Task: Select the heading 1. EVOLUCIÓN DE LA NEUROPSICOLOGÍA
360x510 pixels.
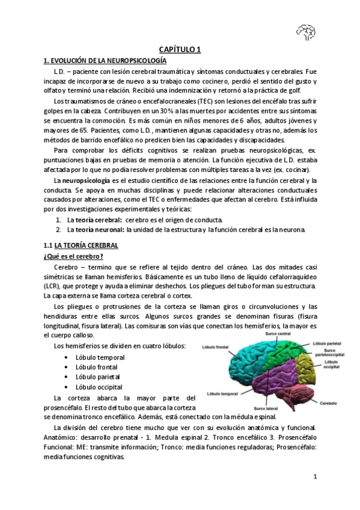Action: pyautogui.click(x=106, y=61)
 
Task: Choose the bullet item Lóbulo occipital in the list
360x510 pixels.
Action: pyautogui.click(x=99, y=387)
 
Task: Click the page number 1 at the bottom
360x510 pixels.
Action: pyautogui.click(x=314, y=477)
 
